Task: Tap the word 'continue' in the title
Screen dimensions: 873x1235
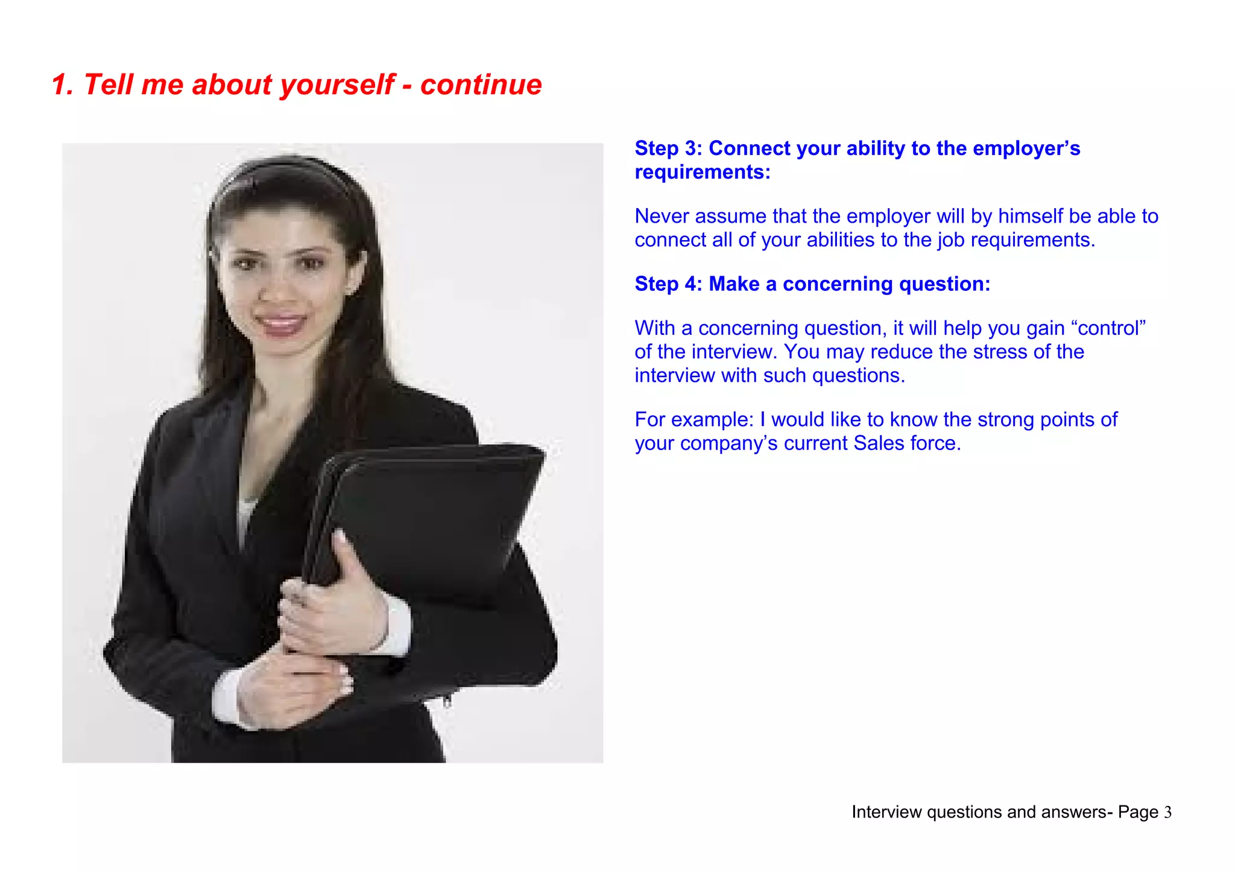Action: click(x=481, y=84)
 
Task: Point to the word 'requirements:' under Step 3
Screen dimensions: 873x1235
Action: click(x=703, y=173)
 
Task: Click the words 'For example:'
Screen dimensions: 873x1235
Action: click(x=693, y=420)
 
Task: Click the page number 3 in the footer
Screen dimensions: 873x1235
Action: click(x=1167, y=813)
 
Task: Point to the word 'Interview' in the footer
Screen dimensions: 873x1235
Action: click(x=886, y=813)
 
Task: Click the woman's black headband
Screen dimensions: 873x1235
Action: click(x=283, y=166)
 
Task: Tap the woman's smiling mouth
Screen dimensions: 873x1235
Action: click(x=281, y=324)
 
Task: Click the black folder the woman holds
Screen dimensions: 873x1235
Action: click(x=434, y=513)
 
